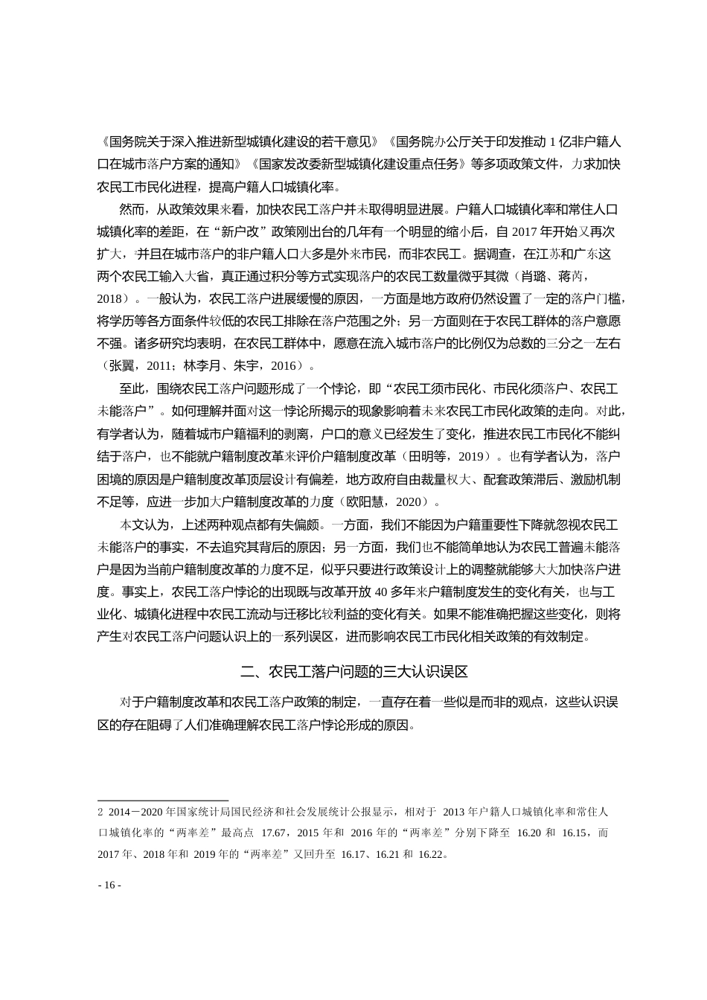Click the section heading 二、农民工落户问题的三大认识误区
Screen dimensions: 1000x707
pos(353,672)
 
